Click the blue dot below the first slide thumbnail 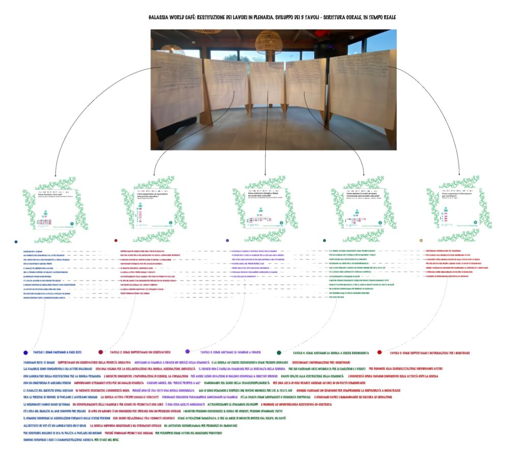[x=16, y=241]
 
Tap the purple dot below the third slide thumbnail [x=227, y=240]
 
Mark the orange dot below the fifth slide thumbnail [x=421, y=240]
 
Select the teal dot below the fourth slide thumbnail [x=324, y=240]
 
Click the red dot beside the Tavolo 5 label [x=380, y=352]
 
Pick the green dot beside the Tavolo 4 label [x=279, y=352]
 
